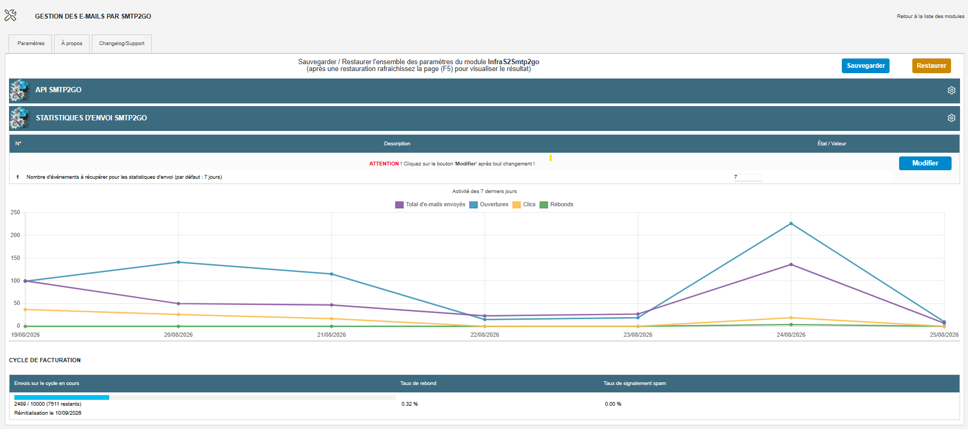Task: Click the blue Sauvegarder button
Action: coord(865,66)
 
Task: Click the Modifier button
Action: coord(925,163)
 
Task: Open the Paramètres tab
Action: coord(31,43)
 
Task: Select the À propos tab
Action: coord(72,43)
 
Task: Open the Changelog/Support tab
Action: coord(121,43)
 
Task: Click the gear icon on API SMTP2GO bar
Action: coord(952,91)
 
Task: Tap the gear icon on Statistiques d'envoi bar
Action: coord(952,118)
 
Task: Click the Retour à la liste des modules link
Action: coord(930,16)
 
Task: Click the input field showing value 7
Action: coord(748,177)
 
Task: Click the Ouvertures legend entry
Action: coord(489,205)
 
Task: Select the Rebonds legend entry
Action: coord(557,205)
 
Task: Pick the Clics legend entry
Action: coord(524,205)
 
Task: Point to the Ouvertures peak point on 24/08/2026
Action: coord(791,224)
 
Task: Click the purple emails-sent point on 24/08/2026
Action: coord(791,265)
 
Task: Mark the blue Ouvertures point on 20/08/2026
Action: coord(178,262)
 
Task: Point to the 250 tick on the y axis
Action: coord(15,213)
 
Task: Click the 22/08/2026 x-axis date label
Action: coord(485,335)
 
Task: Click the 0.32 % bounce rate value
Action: coord(410,404)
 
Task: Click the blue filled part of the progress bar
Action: coord(61,397)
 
